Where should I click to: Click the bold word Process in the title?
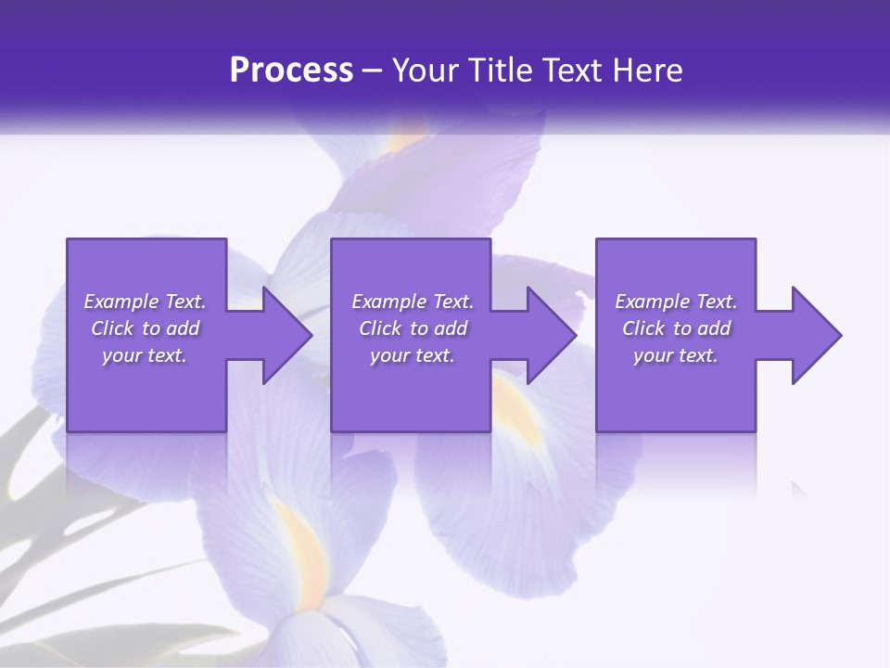point(291,71)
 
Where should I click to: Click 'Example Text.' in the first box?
point(145,302)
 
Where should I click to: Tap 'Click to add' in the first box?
point(145,328)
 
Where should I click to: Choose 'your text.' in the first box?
point(145,355)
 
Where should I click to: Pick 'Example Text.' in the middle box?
point(413,302)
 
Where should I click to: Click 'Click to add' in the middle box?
point(413,328)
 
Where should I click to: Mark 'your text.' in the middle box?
point(413,355)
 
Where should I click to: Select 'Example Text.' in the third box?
point(676,302)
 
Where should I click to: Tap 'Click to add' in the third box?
point(676,328)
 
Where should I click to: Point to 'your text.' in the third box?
point(676,355)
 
